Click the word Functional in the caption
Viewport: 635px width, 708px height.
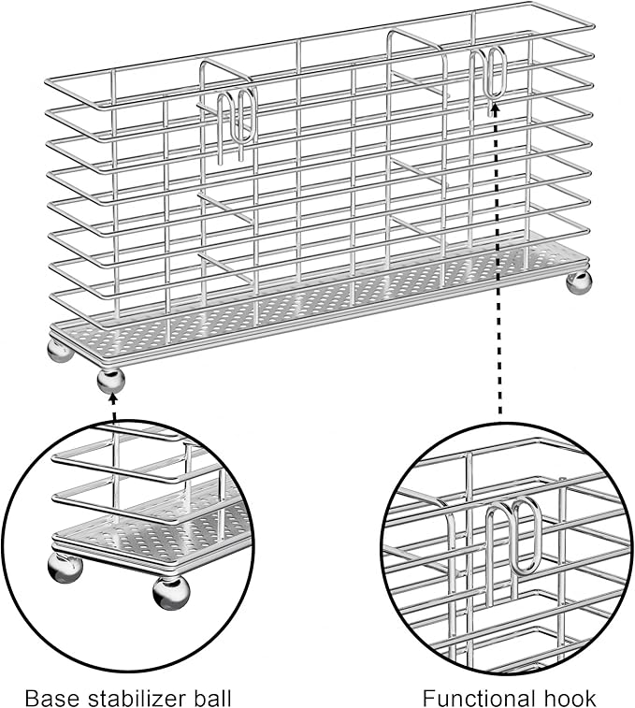click(x=472, y=698)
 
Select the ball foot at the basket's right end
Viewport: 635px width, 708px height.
click(x=579, y=282)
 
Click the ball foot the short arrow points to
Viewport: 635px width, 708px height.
click(x=110, y=381)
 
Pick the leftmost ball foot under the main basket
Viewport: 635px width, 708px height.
click(x=60, y=350)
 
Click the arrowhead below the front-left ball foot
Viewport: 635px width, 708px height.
click(x=113, y=397)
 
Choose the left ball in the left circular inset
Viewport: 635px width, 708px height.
click(x=65, y=568)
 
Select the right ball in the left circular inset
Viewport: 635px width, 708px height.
click(x=171, y=593)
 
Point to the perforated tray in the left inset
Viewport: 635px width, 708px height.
click(x=152, y=525)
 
